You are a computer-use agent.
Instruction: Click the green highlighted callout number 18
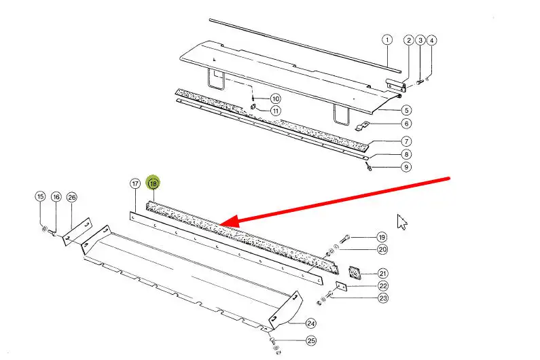154,183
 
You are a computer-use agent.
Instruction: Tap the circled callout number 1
387,40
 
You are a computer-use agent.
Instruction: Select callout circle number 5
407,110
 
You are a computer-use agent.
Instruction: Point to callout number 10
276,99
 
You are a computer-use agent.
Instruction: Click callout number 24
311,323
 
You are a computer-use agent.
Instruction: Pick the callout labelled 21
382,274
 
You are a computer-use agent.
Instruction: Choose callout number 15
40,197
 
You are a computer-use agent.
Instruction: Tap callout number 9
406,167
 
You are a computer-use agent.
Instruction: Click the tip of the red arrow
219,224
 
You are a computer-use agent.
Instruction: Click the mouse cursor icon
401,222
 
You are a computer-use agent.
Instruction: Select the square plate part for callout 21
355,273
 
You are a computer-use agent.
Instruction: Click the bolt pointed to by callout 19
345,238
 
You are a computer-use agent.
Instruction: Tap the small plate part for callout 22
341,286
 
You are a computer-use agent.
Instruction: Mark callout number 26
71,197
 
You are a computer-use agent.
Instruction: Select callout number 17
135,183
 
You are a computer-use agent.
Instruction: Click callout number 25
311,341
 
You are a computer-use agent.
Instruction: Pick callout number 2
408,40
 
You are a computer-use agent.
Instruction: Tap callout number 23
383,298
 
